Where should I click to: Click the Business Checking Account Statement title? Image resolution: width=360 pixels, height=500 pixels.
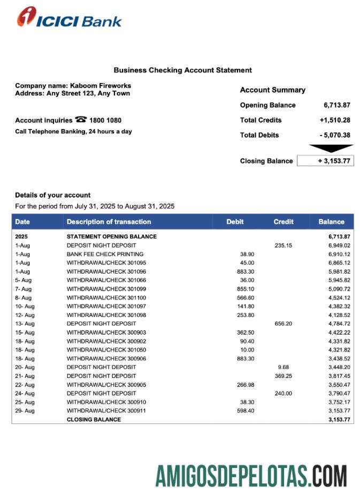[x=182, y=70]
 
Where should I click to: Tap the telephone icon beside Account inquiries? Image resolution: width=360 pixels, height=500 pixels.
[x=81, y=120]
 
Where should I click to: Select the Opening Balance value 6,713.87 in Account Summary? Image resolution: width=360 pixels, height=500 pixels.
[x=337, y=105]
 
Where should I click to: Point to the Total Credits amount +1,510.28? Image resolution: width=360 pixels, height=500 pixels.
[x=335, y=120]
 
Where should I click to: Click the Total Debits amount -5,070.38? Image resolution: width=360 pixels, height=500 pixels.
[x=335, y=135]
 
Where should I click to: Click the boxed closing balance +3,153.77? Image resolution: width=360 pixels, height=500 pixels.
[x=325, y=161]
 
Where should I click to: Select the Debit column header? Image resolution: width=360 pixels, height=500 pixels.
[x=235, y=222]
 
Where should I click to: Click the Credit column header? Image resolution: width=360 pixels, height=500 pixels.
[x=284, y=222]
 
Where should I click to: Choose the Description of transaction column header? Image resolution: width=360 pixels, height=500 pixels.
[x=109, y=222]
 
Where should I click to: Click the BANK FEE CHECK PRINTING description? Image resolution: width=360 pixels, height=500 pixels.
[x=105, y=254]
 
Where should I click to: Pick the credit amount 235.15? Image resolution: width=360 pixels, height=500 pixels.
[x=284, y=245]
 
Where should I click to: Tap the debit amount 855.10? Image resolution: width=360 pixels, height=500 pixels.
[x=246, y=289]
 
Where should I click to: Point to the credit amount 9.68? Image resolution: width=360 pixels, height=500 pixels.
[x=284, y=367]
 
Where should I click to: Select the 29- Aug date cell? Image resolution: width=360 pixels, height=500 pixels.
[x=25, y=411]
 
